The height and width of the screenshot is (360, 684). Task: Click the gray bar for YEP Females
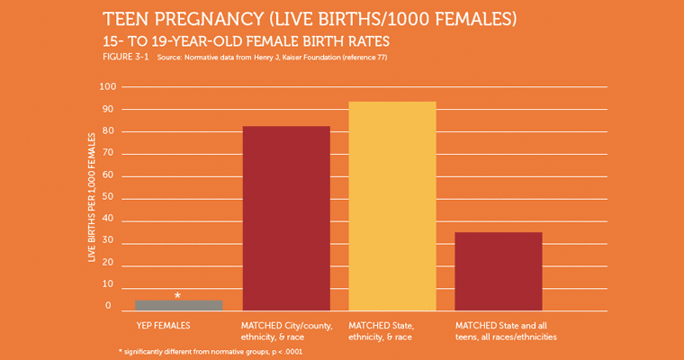[178, 305]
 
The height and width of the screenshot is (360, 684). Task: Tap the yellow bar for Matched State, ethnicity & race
[392, 206]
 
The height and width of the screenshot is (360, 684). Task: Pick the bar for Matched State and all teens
[499, 271]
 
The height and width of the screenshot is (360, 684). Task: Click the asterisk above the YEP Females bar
[177, 295]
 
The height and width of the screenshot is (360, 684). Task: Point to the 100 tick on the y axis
[108, 87]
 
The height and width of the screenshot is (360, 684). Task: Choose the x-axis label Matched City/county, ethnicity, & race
[286, 330]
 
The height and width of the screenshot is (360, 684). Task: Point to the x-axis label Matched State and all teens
[506, 330]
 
